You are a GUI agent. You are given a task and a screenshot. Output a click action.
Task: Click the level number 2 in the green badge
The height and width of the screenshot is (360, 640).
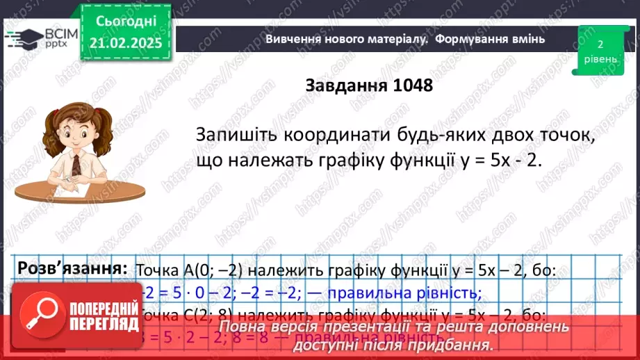[x=600, y=44]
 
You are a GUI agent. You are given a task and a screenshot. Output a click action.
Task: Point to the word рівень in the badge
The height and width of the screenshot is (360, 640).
[x=600, y=59]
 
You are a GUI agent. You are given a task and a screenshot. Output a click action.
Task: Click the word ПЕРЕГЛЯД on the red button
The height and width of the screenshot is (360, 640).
[x=101, y=325]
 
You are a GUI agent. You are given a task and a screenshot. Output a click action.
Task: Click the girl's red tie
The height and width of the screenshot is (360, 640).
[x=76, y=164]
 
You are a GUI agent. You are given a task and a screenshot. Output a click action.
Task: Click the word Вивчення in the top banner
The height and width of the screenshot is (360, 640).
[x=291, y=39]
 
